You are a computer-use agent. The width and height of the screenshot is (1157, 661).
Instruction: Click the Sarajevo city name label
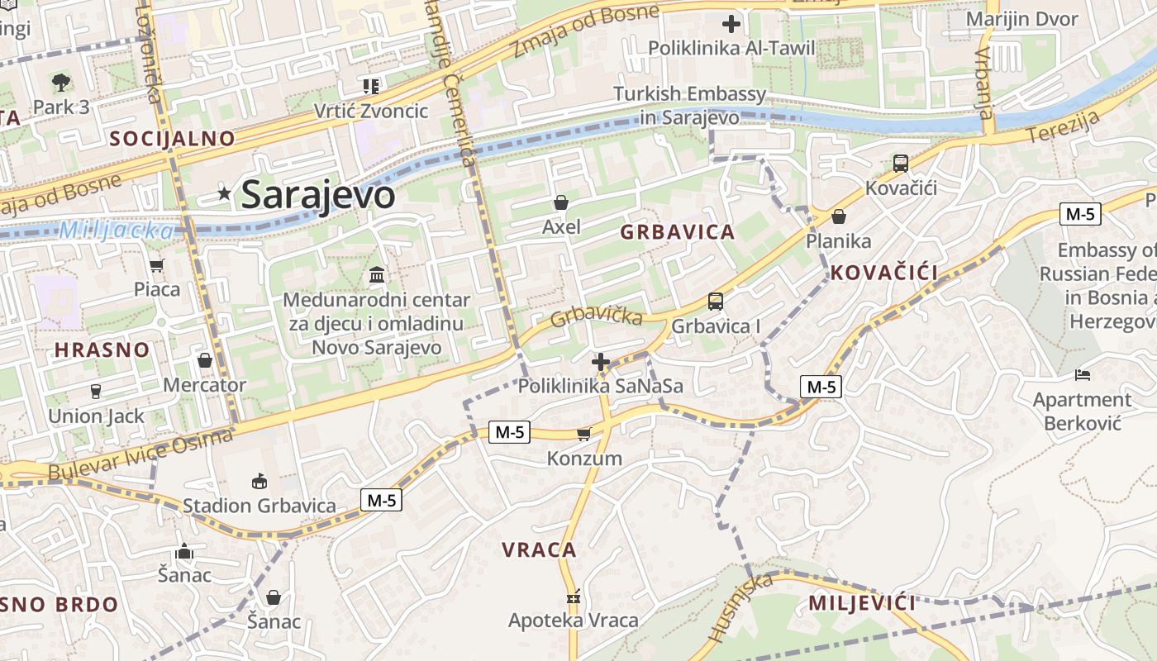(x=318, y=195)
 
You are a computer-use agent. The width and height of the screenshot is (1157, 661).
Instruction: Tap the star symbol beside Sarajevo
(x=224, y=193)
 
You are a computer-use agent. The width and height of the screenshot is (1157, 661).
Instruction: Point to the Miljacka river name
(x=116, y=231)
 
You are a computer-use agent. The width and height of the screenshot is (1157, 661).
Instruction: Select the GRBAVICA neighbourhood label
(x=678, y=232)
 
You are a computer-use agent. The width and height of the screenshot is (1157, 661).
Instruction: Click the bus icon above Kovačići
(x=901, y=164)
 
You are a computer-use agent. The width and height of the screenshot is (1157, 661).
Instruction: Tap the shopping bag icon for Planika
(x=839, y=217)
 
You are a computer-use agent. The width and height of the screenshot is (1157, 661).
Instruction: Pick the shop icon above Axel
(x=561, y=202)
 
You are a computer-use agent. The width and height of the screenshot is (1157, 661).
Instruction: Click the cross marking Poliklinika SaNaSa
(x=601, y=362)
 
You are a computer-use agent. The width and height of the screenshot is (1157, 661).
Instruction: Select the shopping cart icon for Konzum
(x=584, y=434)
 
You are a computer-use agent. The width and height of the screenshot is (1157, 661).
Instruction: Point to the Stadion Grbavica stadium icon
(x=259, y=481)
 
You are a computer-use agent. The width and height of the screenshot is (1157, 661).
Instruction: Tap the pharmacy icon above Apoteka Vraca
(x=574, y=597)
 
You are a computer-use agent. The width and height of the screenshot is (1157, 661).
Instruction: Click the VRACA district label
(x=539, y=549)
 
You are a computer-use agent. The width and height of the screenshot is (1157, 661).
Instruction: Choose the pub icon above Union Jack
(x=96, y=392)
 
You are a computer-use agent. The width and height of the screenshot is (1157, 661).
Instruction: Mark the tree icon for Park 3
(x=61, y=82)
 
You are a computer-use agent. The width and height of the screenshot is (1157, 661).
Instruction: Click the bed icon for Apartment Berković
(x=1083, y=375)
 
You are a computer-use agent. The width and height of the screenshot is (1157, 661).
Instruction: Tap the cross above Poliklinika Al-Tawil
(x=731, y=24)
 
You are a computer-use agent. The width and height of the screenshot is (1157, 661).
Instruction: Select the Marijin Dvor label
(x=1022, y=20)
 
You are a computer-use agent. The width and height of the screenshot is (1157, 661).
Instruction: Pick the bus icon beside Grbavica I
(x=716, y=302)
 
